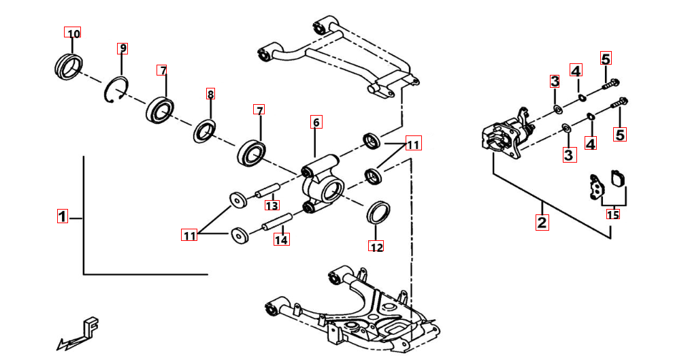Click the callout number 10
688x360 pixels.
[x=73, y=33]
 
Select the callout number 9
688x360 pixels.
[x=122, y=48]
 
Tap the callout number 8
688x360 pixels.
[x=210, y=94]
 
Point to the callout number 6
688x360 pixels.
[x=316, y=122]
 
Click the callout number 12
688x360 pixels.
[x=376, y=247]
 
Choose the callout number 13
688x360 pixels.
[x=272, y=205]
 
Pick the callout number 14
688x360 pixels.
[x=281, y=240]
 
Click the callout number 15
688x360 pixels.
[x=613, y=214]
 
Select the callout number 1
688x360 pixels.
[x=63, y=216]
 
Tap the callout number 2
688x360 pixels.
[x=542, y=222]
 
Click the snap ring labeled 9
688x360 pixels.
[x=116, y=91]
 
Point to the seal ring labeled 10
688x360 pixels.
[x=69, y=67]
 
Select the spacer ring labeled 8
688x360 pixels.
[x=205, y=131]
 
